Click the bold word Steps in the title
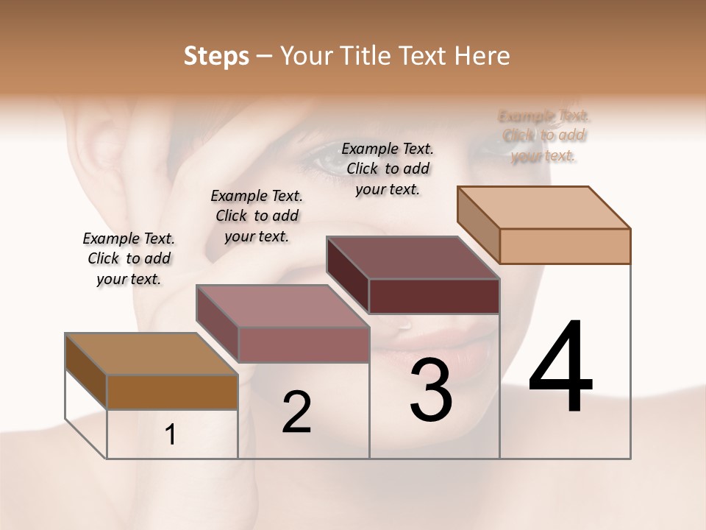[215, 56]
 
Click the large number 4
[560, 367]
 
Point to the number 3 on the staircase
[431, 390]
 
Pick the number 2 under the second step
[296, 412]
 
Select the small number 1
[171, 435]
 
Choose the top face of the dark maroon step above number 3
[413, 258]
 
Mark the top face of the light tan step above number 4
[543, 208]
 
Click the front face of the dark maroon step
[434, 296]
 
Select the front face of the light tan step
[565, 246]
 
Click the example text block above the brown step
[129, 258]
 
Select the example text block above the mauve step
[257, 216]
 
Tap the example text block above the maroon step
[388, 169]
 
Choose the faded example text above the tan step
[543, 135]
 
